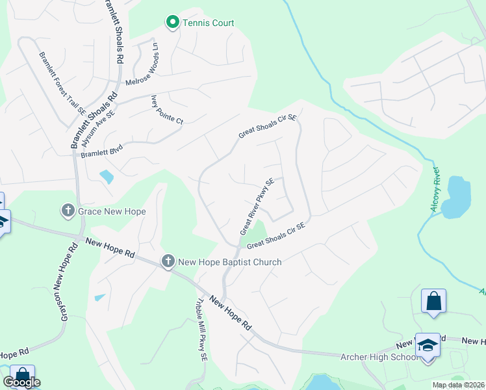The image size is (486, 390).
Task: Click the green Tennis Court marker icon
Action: (x=172, y=23)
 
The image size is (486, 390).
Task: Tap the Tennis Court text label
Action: (x=208, y=23)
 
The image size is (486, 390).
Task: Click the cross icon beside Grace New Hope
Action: (x=68, y=211)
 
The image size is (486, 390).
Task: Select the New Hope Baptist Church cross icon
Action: (x=168, y=261)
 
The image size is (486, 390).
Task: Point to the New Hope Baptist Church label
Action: (x=230, y=262)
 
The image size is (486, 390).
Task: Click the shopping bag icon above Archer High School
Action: (x=433, y=302)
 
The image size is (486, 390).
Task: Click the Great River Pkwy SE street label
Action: (x=257, y=206)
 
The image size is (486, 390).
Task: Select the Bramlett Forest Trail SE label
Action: (x=64, y=85)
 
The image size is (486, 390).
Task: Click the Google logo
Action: (x=21, y=382)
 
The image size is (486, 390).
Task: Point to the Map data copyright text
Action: (x=457, y=385)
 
